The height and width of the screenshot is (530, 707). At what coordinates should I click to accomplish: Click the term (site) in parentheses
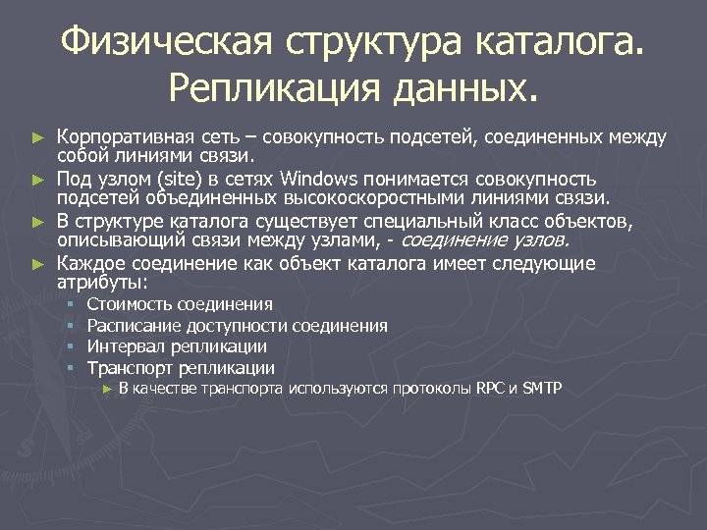click(x=251, y=178)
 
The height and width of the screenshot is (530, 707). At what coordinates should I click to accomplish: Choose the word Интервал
click(x=121, y=346)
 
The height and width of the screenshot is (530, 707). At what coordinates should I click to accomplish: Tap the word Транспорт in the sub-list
click(x=127, y=368)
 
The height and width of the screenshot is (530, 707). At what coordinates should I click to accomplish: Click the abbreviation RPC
click(x=490, y=389)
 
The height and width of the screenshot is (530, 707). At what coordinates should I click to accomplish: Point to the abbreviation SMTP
click(x=541, y=389)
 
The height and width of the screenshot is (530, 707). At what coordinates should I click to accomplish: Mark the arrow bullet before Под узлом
click(x=38, y=179)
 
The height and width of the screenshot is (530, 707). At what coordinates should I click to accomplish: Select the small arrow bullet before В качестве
click(x=108, y=390)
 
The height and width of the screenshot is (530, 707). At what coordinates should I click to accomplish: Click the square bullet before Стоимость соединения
click(x=72, y=305)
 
